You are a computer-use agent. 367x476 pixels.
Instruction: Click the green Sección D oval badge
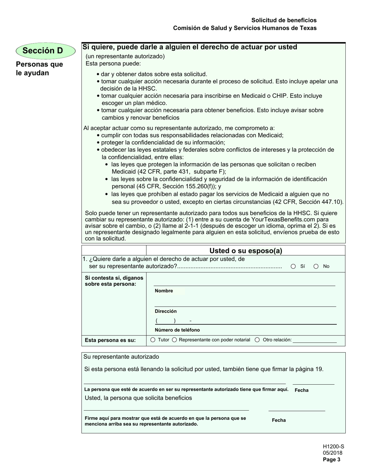point(45,51)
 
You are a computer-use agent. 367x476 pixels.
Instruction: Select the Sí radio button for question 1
point(293,266)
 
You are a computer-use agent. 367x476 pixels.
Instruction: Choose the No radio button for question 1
point(316,266)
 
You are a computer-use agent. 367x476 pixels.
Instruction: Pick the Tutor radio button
point(153,340)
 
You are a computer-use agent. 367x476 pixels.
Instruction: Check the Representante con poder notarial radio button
point(174,340)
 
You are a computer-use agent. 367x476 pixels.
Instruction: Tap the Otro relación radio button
point(257,340)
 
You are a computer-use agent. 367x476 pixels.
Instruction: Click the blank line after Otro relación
point(315,340)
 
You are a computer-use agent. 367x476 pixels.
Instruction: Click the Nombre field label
point(164,291)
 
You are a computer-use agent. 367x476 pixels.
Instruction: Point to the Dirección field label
point(166,311)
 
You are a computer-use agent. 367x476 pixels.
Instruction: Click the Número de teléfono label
point(177,330)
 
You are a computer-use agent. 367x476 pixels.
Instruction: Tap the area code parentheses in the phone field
point(166,321)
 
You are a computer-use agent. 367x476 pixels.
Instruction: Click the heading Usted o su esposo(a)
point(246,251)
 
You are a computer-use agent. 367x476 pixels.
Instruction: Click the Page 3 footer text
point(332,460)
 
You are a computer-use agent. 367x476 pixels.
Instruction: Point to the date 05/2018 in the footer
point(333,453)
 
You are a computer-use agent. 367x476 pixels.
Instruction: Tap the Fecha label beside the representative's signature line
point(301,390)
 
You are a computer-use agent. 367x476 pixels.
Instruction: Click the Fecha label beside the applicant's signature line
point(279,420)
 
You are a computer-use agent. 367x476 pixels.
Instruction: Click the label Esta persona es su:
point(110,340)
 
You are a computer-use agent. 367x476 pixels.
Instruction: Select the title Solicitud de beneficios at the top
point(284,20)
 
